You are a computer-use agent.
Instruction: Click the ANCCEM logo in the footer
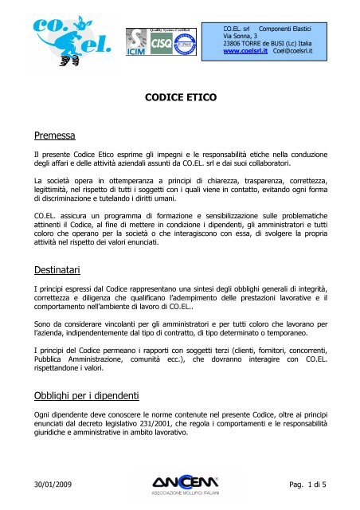point(181,484)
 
